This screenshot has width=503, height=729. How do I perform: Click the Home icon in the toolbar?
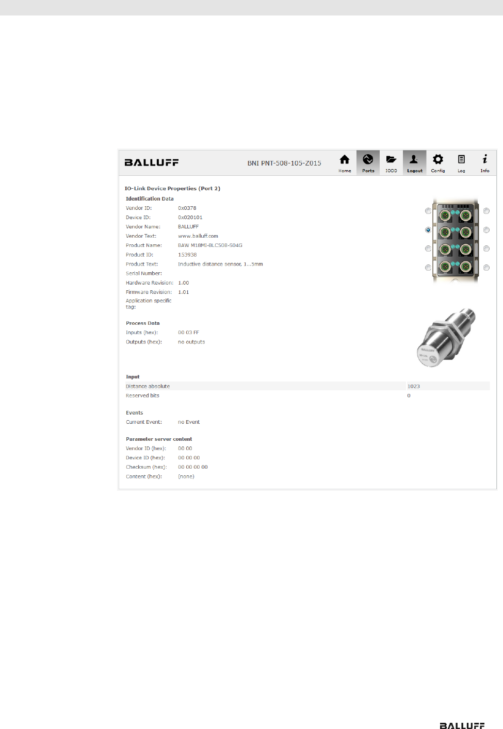point(345,162)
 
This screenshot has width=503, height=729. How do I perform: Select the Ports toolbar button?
point(368,162)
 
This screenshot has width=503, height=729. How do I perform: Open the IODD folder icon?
point(391,162)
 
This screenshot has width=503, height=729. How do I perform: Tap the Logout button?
point(414,162)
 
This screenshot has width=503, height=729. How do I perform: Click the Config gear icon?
point(438,162)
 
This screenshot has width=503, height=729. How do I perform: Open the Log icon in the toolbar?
point(461,162)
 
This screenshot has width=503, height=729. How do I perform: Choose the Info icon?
point(484,162)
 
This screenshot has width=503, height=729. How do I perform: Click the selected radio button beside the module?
point(428,230)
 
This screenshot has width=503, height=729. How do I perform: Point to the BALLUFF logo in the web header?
point(152,162)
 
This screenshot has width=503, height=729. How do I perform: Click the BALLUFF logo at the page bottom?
point(462,725)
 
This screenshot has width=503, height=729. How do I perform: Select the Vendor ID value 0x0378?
point(187,208)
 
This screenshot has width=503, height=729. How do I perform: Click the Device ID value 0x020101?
point(190,218)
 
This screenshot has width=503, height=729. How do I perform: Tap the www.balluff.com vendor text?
point(198,236)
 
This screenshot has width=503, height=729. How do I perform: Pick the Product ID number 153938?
point(187,255)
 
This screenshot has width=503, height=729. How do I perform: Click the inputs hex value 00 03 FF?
point(188,333)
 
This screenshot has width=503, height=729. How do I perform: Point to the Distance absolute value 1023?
point(413,386)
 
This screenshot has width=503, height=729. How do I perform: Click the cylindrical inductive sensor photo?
point(446,338)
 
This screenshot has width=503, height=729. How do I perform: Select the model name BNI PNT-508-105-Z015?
point(284,163)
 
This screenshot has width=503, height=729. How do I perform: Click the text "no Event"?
point(189,422)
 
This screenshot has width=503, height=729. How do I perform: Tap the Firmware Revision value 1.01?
point(184,292)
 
